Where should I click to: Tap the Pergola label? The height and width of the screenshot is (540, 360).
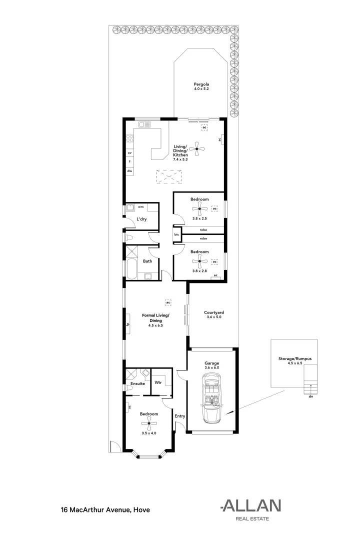(x=201, y=84)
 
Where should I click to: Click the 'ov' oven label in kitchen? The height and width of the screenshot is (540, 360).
(x=129, y=152)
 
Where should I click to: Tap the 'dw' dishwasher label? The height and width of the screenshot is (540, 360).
(x=129, y=171)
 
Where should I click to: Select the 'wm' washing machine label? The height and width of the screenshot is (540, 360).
(x=141, y=206)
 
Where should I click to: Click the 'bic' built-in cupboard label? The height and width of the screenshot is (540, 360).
(x=176, y=234)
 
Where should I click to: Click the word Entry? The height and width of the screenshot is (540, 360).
(x=179, y=416)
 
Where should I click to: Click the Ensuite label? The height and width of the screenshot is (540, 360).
(x=137, y=383)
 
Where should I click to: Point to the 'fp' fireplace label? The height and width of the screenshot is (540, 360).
(x=128, y=324)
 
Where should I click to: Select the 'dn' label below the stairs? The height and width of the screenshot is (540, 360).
(x=310, y=396)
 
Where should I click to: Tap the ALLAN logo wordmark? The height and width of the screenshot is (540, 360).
(x=251, y=505)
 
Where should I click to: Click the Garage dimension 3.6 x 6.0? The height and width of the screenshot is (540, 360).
(x=212, y=367)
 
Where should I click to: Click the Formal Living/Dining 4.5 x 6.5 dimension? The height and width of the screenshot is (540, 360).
(x=155, y=325)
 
